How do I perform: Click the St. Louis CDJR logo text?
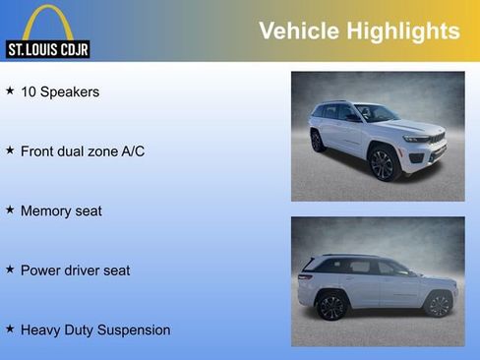[47, 49]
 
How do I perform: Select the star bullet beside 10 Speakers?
[10, 91]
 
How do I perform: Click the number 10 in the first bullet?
[29, 92]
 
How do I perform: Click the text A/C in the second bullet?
[132, 151]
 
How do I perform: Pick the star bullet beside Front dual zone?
[10, 150]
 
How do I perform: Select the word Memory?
[46, 211]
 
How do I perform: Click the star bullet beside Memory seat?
[10, 210]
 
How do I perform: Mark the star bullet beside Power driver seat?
[10, 270]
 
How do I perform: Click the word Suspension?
[134, 330]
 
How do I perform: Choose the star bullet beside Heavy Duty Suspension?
[10, 330]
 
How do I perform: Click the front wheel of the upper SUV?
[383, 163]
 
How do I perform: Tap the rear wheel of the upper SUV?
[318, 141]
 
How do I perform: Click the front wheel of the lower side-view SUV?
[437, 304]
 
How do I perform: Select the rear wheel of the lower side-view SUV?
[331, 306]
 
